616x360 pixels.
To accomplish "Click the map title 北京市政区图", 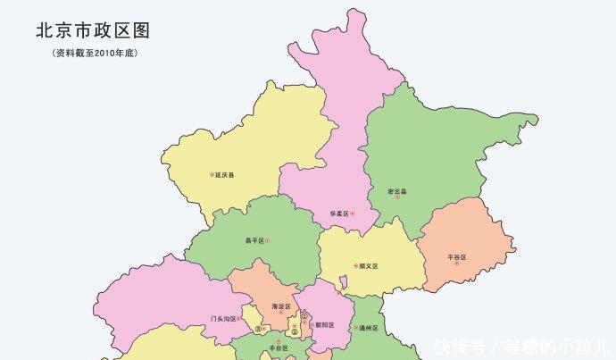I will click(93, 30).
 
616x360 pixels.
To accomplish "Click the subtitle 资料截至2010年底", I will click(93, 54).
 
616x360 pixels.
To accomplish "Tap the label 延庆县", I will click(225, 175).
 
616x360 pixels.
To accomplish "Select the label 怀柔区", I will click(338, 214).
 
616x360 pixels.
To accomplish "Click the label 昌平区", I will click(254, 240).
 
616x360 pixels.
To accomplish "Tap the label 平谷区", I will click(456, 257).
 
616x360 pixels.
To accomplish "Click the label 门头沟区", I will click(223, 319).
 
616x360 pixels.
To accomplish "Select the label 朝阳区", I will click(324, 325).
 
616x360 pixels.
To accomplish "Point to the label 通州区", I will click(368, 328).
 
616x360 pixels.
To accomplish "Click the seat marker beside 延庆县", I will click(212, 175).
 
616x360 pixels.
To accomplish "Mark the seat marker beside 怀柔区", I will click(353, 214).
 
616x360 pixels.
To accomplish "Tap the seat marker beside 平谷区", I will click(470, 257).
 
